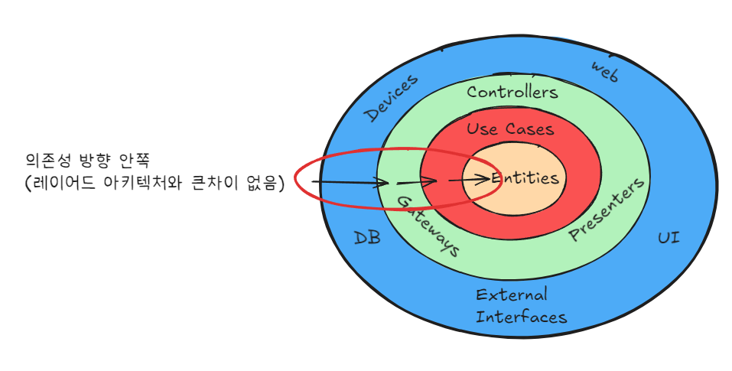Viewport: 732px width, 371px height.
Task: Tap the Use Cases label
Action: (510, 129)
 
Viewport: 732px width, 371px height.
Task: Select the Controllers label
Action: (512, 93)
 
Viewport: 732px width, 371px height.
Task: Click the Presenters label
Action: (608, 210)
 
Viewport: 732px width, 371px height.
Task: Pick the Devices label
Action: (391, 98)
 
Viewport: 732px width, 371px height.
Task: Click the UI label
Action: (669, 239)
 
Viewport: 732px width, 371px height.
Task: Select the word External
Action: (512, 295)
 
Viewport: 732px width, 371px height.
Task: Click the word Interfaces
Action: (521, 317)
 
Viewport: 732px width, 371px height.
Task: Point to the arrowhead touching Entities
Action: (484, 178)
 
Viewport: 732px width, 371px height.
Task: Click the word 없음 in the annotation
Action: (264, 184)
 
